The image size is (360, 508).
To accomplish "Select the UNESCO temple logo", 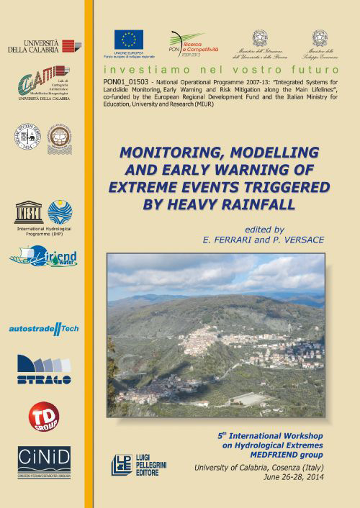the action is pyautogui.click(x=29, y=212).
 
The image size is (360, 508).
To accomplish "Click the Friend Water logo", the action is pyautogui.click(x=43, y=255).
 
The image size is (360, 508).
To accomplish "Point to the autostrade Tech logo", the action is pyautogui.click(x=43, y=328).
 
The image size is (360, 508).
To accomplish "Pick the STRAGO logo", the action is pyautogui.click(x=43, y=369).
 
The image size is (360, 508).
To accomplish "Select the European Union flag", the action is pyautogui.click(x=128, y=40).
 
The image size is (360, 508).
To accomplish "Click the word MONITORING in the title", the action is pyautogui.click(x=163, y=153).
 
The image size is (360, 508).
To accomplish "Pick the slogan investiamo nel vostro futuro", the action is pyautogui.click(x=220, y=70).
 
